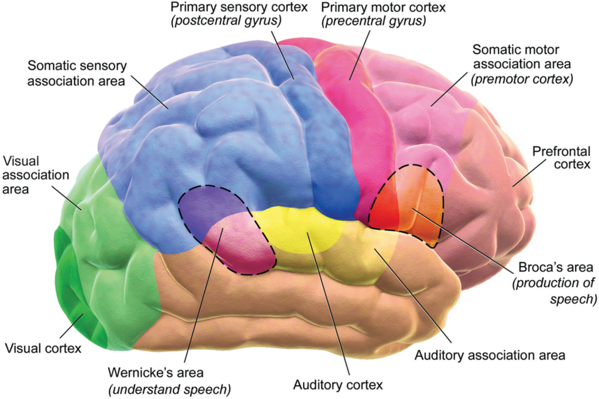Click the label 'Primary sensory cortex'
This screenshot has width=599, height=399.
pos(239,7)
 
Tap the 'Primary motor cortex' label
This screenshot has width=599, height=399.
pos(383,7)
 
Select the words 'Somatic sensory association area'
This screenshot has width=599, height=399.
pos(77,73)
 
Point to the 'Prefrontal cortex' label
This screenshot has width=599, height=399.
pos(561,158)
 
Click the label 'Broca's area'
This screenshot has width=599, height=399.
pos(556,267)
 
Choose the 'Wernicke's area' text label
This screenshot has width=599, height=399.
pos(156,372)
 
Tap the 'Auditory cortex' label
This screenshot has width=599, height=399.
pos(338,385)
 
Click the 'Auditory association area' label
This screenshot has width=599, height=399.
pos(490,355)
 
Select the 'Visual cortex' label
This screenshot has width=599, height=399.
pos(43,348)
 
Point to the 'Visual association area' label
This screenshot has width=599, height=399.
pos(36,175)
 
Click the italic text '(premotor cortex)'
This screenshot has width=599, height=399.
pos(522,79)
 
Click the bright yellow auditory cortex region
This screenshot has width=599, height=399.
pos(302,229)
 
